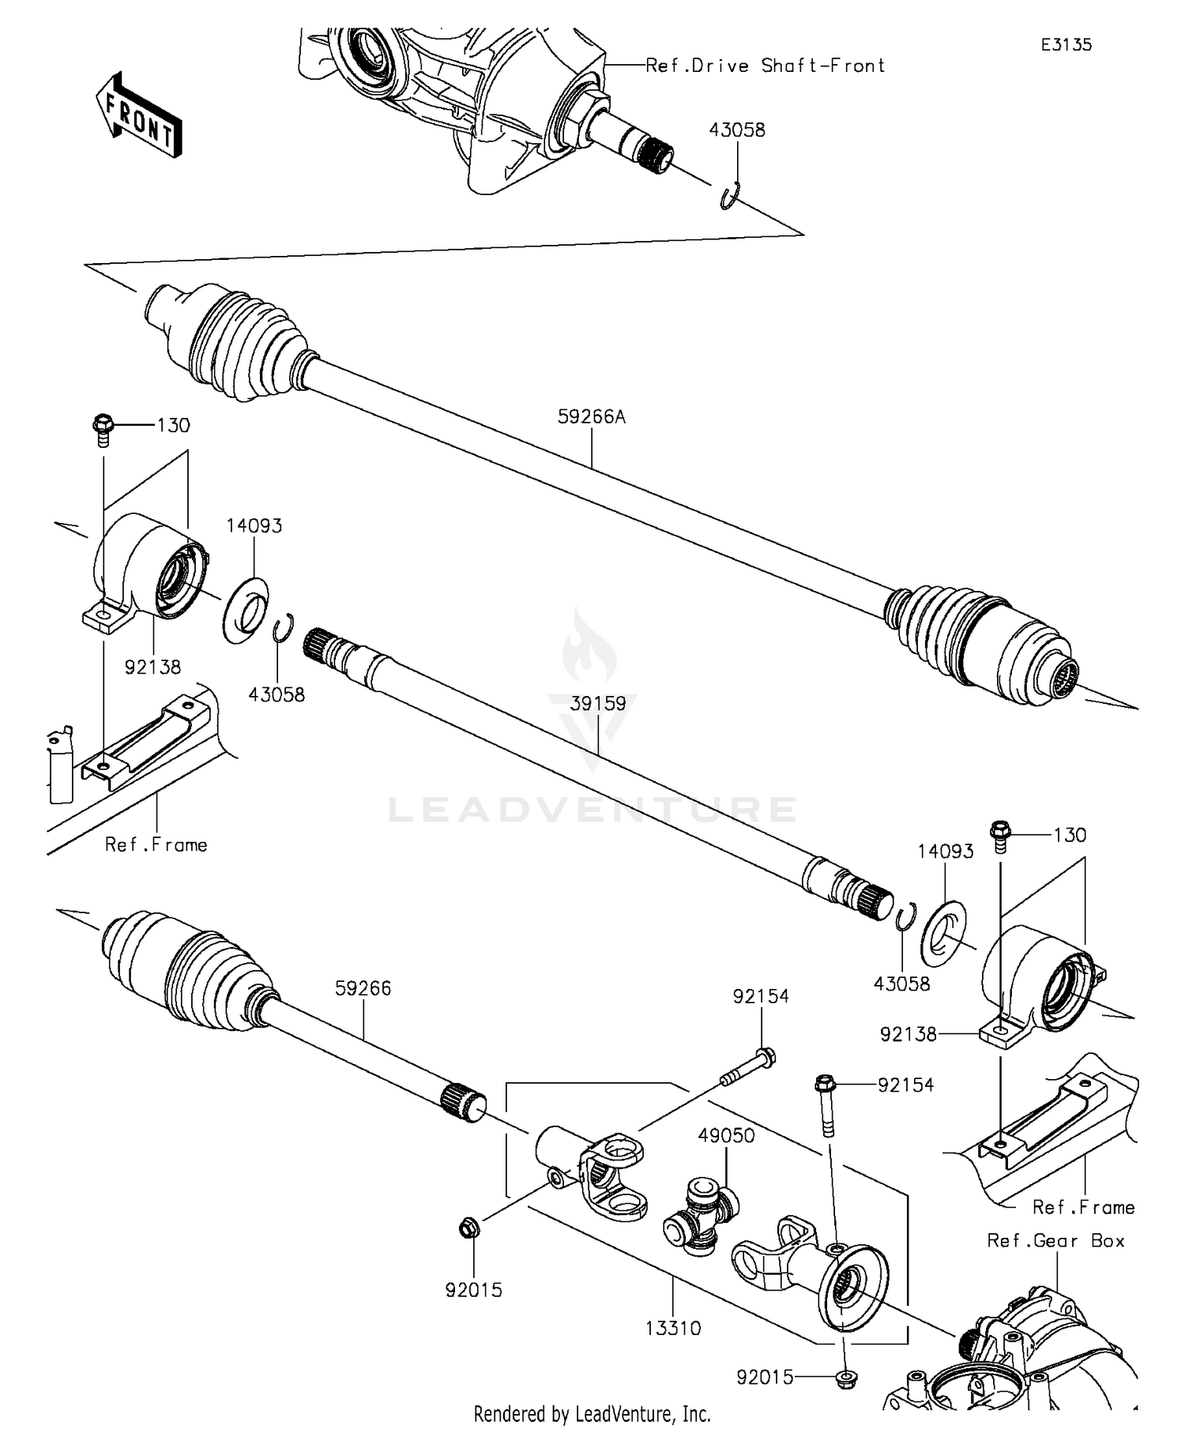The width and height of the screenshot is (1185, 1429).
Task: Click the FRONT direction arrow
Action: (138, 115)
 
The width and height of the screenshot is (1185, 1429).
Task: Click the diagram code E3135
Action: (1065, 45)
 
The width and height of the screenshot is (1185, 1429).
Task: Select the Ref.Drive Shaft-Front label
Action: (765, 66)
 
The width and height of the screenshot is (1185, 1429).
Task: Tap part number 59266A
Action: (591, 417)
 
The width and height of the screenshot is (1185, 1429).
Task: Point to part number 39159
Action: (598, 704)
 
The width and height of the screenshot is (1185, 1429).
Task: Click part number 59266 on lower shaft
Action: (363, 988)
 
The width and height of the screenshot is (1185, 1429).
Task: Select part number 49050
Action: (726, 1135)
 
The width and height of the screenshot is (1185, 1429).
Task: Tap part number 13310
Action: (673, 1328)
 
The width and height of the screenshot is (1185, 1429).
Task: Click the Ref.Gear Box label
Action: (1055, 1240)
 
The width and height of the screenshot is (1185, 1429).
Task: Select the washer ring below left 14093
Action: (245, 611)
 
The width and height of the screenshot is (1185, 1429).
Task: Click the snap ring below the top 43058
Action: (731, 196)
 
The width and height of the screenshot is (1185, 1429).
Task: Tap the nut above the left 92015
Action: (468, 1228)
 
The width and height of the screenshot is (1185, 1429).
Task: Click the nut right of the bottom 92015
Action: (845, 1378)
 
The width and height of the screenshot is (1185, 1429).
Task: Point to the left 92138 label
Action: (152, 667)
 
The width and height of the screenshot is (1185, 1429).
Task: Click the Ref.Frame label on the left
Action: (156, 845)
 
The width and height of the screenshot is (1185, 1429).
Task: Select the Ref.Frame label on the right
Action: (1083, 1207)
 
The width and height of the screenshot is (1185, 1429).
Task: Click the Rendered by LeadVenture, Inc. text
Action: (592, 1413)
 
